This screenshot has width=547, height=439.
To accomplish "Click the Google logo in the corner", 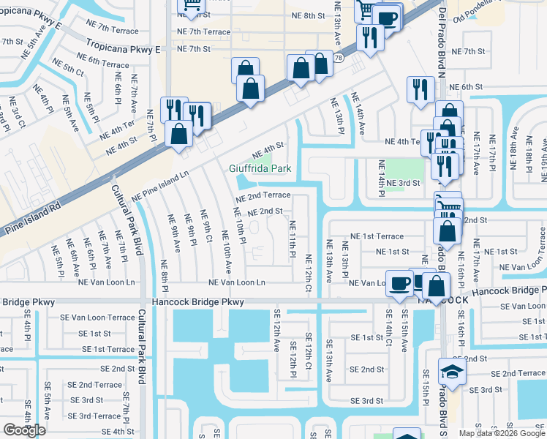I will pos(25,429).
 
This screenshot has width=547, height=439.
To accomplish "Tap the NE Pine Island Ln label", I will pos(160,187).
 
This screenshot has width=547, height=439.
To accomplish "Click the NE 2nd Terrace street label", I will pos(262,197).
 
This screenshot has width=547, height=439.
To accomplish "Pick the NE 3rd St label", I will pos(404,183).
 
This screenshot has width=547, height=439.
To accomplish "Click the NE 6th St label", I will pos(465,86).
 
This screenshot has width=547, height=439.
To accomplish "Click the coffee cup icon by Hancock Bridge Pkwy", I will pos(400,282).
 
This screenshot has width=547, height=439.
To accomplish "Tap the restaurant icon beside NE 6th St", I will pos(420,89).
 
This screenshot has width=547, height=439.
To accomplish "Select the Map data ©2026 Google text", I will pos(501,433).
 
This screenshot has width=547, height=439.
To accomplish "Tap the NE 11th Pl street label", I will pos(292,239).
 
